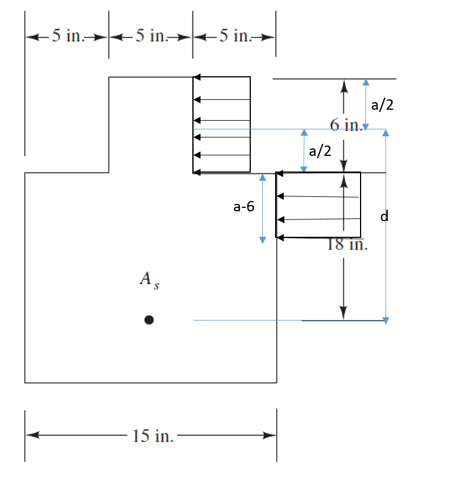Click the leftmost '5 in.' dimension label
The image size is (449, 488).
67,36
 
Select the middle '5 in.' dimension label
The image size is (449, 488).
151,36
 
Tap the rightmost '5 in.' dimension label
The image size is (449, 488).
235,36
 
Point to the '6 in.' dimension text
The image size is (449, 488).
346,124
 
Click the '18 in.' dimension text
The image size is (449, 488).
346,244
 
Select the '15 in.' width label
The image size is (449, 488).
153,436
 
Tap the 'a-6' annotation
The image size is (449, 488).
243,207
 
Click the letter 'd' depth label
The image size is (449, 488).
384,217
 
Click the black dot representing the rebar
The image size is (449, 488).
149,319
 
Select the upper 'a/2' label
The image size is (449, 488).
382,105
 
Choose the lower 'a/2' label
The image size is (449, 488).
320,151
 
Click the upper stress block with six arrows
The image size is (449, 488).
222,125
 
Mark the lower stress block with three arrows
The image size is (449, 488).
318,205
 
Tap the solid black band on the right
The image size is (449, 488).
430,244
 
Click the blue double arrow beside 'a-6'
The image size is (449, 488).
262,208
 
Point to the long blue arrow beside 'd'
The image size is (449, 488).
386,226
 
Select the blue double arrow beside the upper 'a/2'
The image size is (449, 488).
365,105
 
